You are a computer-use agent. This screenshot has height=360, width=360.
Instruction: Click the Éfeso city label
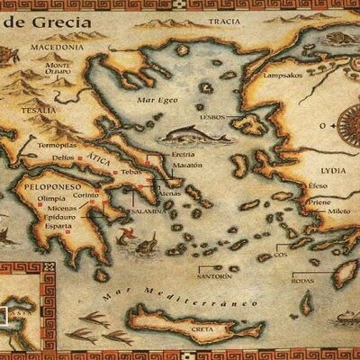316,185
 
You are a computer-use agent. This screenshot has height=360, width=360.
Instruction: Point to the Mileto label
339,211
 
